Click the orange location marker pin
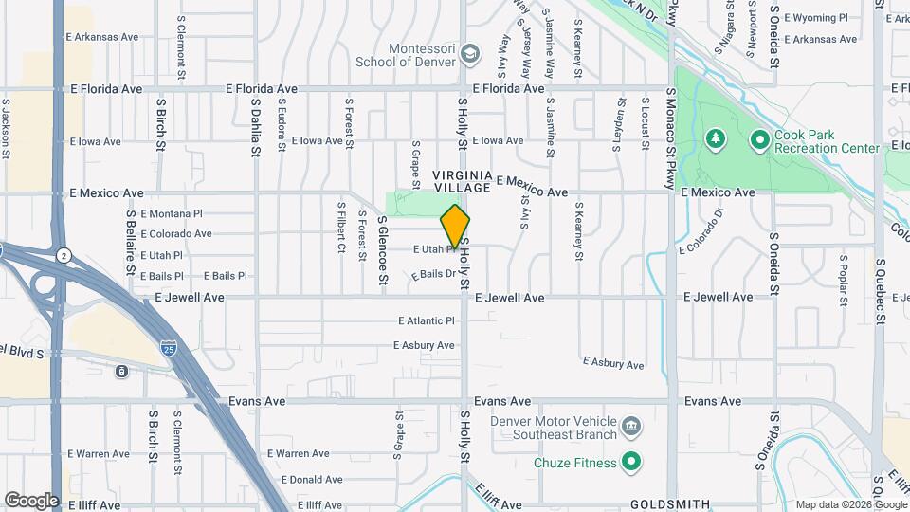pos(455,228)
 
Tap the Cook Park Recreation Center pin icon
pos(758,141)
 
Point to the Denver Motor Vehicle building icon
pos(631,428)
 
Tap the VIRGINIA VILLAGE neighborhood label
pos(463,181)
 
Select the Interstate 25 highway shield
pos(168,347)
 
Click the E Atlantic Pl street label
pos(427,320)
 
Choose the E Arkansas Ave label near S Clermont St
pos(102,37)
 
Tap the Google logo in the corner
pos(31,500)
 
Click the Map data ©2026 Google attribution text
pos(850,504)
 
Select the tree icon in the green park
pos(716,141)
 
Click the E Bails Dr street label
pos(434,273)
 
